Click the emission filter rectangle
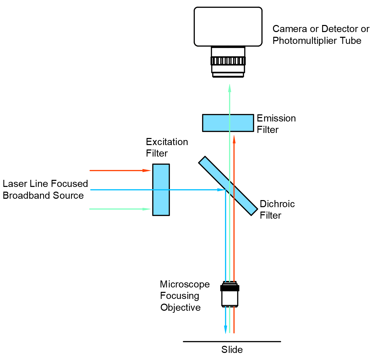[x=216, y=123]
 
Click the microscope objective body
[x=230, y=297]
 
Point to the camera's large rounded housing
[x=228, y=27]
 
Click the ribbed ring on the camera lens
[x=228, y=61]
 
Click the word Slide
[x=232, y=350]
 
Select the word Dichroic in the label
[x=277, y=204]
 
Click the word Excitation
[x=167, y=142]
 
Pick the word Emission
[x=276, y=118]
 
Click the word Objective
[x=180, y=307]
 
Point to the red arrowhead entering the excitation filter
[x=147, y=171]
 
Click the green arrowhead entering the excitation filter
[x=147, y=209]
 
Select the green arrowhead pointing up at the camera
[x=230, y=88]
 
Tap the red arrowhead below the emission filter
[x=234, y=139]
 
